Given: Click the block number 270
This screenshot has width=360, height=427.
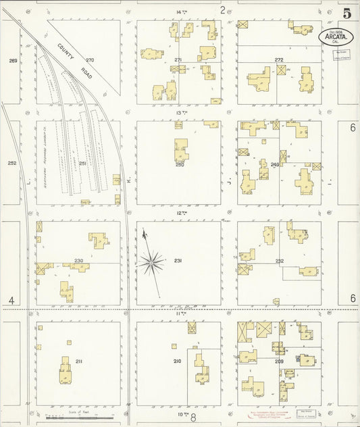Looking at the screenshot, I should pyautogui.click(x=90, y=60).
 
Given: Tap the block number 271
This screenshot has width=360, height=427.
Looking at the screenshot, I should pyautogui.click(x=178, y=60).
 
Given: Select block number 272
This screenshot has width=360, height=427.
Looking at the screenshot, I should pyautogui.click(x=278, y=60).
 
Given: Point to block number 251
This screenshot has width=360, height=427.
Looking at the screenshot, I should pyautogui.click(x=82, y=164).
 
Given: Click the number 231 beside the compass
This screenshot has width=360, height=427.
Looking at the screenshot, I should pyautogui.click(x=178, y=261).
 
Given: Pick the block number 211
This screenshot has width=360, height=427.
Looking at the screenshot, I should pyautogui.click(x=79, y=362).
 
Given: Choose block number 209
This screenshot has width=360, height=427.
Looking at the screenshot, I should pyautogui.click(x=279, y=362).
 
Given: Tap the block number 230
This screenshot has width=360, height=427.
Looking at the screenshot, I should pyautogui.click(x=78, y=261).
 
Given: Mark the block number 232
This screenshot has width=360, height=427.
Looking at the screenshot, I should pyautogui.click(x=279, y=261).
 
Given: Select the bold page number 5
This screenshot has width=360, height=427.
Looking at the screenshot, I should pyautogui.click(x=346, y=13).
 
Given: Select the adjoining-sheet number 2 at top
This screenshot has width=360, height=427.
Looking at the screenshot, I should pyautogui.click(x=222, y=9).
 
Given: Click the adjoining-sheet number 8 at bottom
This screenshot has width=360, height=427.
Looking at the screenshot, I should pyautogui.click(x=192, y=419).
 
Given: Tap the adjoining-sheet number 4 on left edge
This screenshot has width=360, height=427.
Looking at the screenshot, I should pyautogui.click(x=11, y=300).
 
